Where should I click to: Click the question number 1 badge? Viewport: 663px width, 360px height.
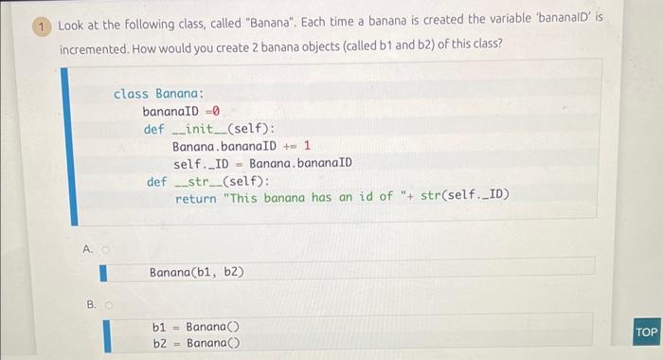click(x=42, y=27)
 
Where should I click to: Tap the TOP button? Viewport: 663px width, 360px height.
click(x=647, y=333)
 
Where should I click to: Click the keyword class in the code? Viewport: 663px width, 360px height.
click(x=132, y=94)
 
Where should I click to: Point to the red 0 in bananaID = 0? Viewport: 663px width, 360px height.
click(x=216, y=111)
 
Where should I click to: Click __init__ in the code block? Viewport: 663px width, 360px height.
click(x=193, y=129)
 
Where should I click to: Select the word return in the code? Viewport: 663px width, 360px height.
click(x=196, y=197)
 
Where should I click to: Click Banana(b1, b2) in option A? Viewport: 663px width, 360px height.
click(x=196, y=272)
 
